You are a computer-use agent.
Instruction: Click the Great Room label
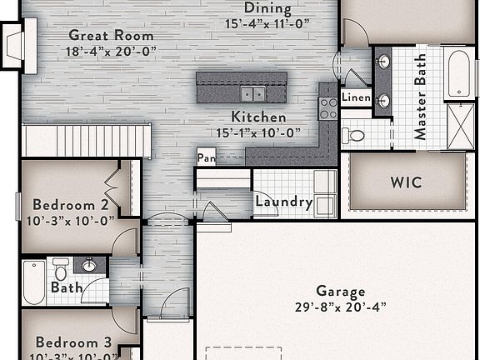(x=111, y=36)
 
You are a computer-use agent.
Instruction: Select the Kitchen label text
(x=258, y=117)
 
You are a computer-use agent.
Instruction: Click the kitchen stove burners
(x=328, y=107)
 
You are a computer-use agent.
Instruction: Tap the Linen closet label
(x=356, y=97)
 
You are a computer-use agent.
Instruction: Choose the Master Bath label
(x=420, y=97)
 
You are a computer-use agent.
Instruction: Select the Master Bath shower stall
(x=460, y=126)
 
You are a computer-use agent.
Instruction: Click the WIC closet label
(x=406, y=182)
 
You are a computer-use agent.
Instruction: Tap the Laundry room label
(x=283, y=202)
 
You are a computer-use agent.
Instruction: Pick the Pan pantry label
(x=206, y=157)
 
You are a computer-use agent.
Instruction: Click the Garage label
(x=340, y=292)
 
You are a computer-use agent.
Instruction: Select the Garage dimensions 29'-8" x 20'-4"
(x=340, y=307)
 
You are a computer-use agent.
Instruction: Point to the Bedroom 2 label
(x=71, y=205)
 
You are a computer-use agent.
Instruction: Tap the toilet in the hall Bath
(x=60, y=270)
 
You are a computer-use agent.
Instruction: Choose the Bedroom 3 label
(x=73, y=342)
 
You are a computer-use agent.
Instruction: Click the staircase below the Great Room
(x=87, y=140)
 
